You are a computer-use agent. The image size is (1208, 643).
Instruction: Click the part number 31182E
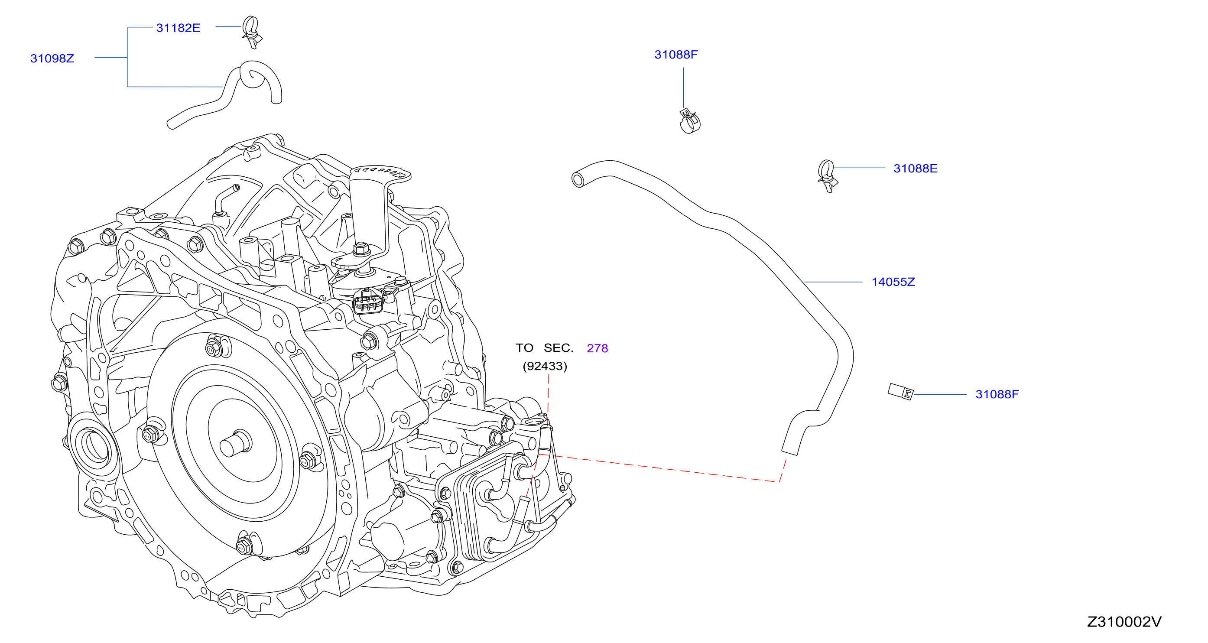click(178, 28)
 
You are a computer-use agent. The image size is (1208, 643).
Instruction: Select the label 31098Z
click(52, 58)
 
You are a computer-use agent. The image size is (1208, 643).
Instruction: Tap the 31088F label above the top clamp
click(676, 55)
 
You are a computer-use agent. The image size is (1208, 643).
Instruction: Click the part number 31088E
click(915, 169)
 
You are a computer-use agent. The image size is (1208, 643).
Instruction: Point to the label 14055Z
click(893, 282)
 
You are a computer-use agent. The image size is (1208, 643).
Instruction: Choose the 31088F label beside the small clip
click(997, 394)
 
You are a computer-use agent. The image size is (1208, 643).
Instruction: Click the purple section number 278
click(597, 348)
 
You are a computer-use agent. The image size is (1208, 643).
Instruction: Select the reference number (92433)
click(545, 366)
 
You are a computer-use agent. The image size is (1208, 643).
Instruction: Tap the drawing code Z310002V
click(1124, 622)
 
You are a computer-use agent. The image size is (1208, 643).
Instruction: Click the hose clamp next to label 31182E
click(251, 32)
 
